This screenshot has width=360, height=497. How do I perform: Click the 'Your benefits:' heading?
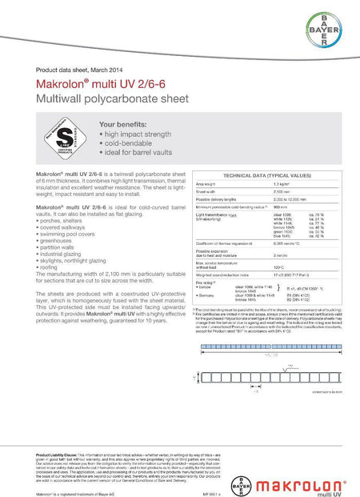(122, 125)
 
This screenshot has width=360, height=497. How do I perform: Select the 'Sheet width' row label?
(207, 192)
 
